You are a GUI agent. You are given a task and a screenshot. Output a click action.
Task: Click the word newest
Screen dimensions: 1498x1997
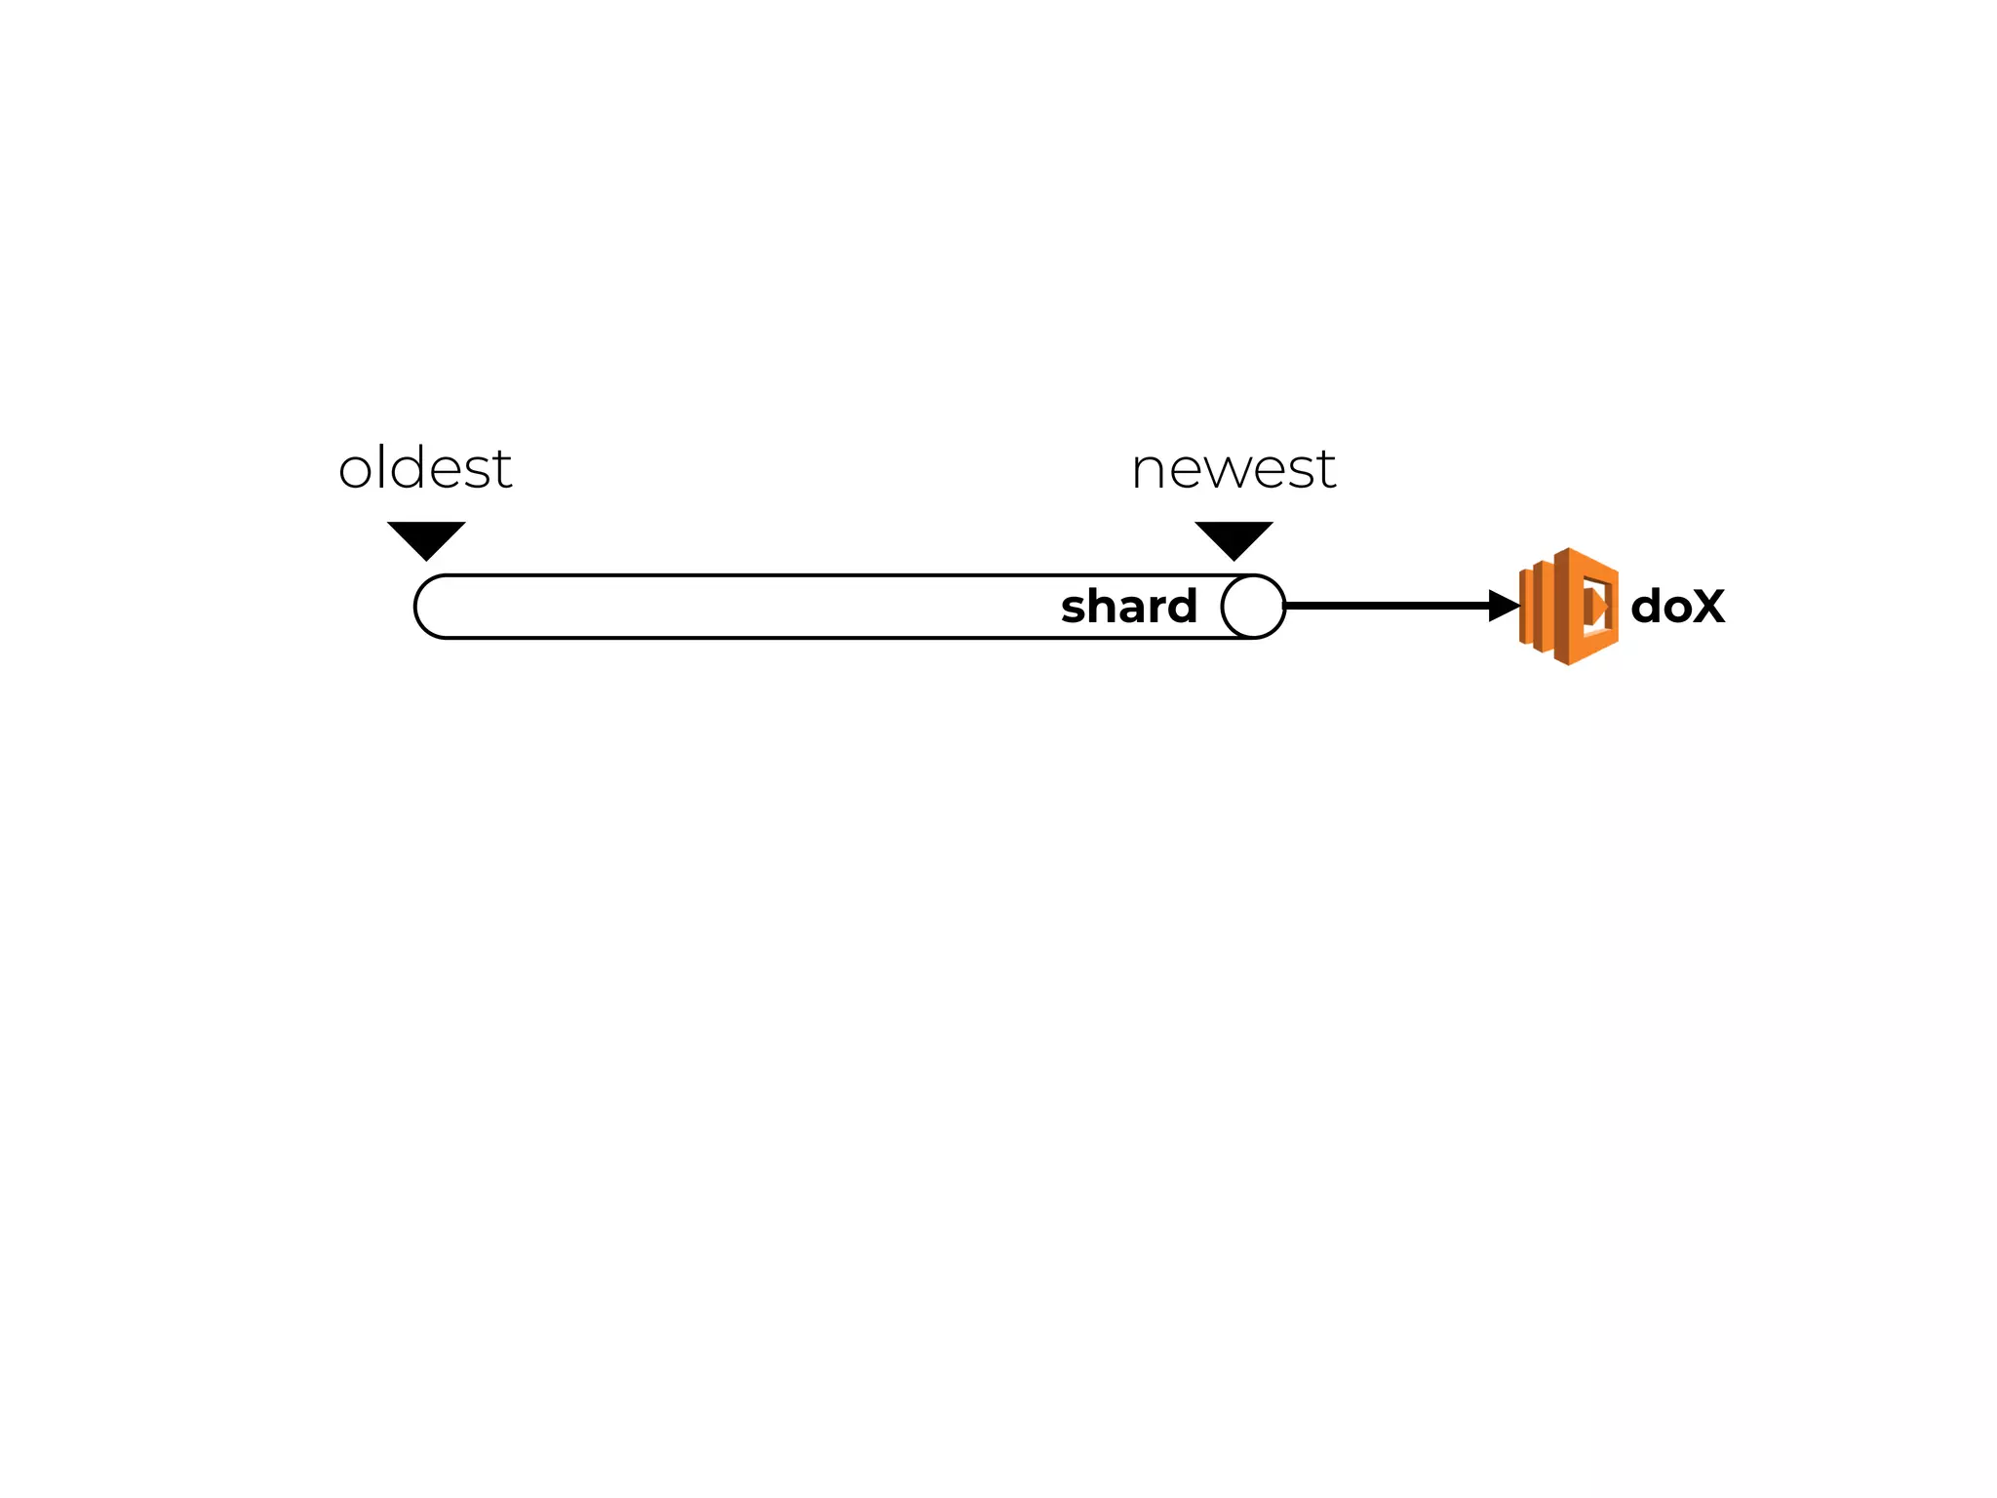(1233, 469)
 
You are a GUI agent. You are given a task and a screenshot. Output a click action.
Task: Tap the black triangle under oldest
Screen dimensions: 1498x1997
(426, 538)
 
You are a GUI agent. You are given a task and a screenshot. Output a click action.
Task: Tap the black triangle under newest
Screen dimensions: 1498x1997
(1233, 538)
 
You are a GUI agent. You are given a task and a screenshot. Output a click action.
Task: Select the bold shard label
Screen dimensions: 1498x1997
(1128, 607)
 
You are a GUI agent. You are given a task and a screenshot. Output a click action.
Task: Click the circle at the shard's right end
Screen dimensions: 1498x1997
(1253, 607)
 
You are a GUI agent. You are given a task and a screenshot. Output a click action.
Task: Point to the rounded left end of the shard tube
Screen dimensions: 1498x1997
(429, 607)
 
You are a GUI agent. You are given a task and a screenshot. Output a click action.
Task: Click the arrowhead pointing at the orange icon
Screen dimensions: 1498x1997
(1504, 606)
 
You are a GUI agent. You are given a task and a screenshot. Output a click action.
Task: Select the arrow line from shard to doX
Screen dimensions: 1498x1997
(1385, 606)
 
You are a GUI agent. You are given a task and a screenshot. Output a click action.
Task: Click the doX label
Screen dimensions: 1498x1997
(1677, 607)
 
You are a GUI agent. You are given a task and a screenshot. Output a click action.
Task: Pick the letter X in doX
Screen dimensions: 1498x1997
(1706, 607)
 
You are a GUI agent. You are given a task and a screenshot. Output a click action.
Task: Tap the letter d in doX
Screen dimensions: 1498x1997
(1647, 606)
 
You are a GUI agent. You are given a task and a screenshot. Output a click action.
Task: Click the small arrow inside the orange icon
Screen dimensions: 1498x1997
(1596, 607)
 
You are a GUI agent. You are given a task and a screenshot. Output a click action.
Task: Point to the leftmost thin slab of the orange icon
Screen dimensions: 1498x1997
(1524, 607)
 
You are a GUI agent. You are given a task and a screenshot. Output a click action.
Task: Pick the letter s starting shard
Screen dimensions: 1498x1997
(1074, 610)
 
